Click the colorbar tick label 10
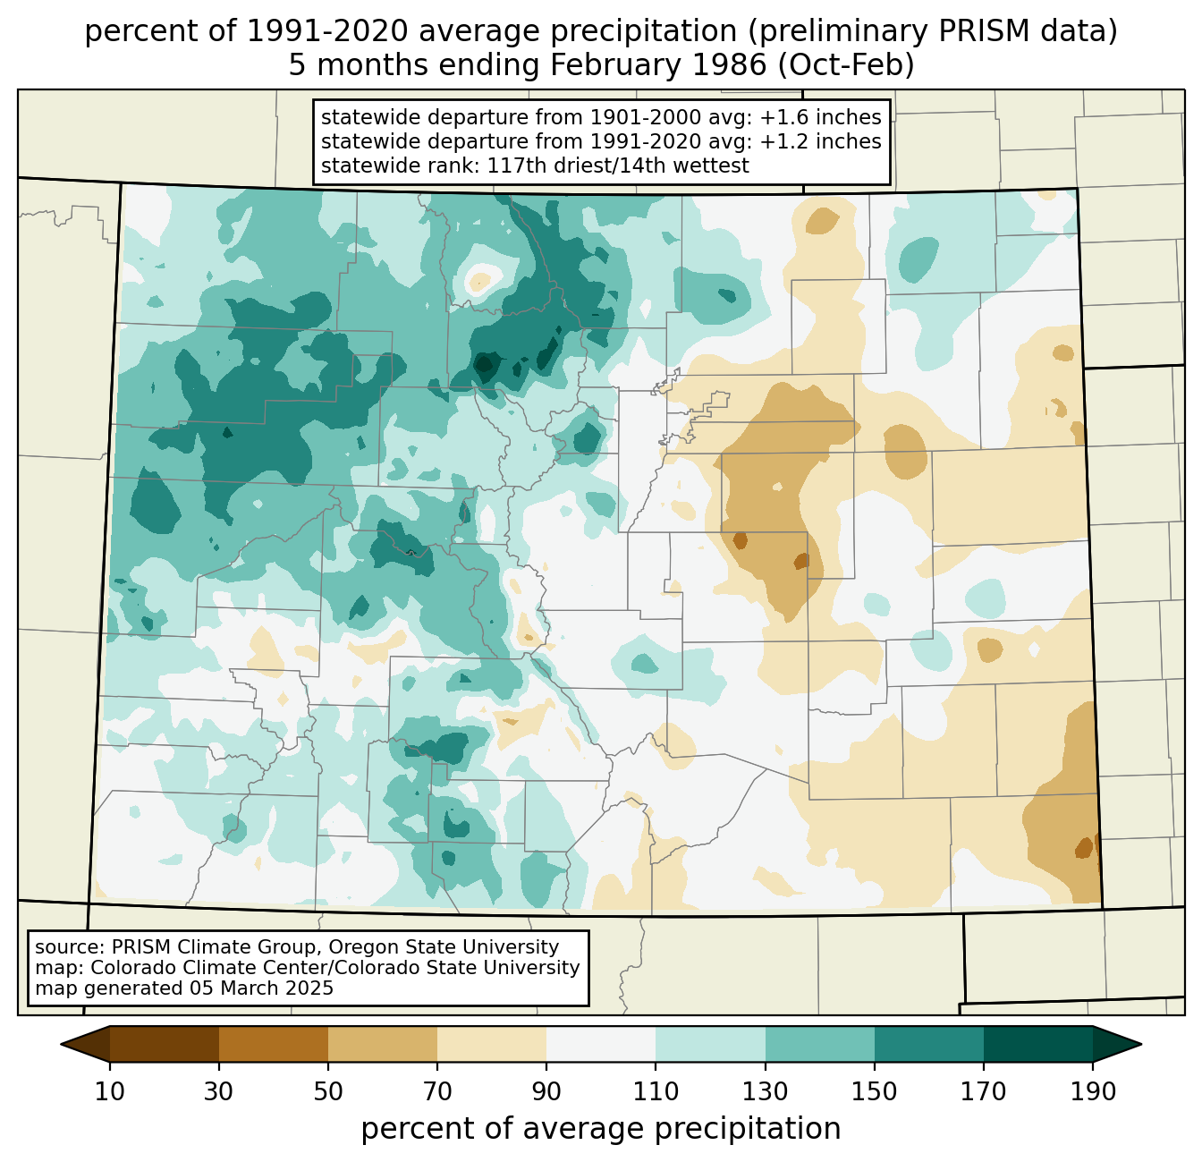click(109, 1091)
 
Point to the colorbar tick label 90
click(546, 1091)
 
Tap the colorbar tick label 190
click(1093, 1091)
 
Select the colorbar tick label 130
click(765, 1091)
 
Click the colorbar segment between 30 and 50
click(273, 1044)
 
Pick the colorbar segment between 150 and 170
click(928, 1044)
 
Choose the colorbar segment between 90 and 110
click(601, 1044)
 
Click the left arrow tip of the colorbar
click(61, 1044)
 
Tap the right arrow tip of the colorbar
click(1141, 1044)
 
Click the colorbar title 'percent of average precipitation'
click(600, 1129)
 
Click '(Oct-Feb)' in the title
click(845, 65)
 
